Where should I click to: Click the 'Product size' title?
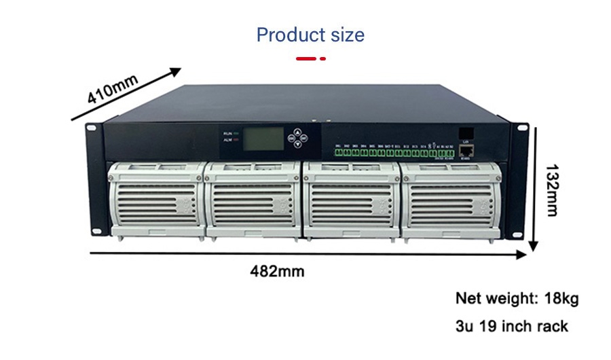coord(310,35)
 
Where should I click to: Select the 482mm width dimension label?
coord(277,272)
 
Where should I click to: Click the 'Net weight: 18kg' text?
coord(517,298)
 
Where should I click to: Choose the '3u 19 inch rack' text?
coord(511,326)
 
